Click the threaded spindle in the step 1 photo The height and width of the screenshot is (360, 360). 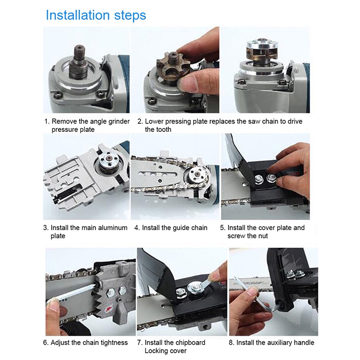click(x=79, y=61)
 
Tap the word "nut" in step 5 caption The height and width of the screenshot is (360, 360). click(x=263, y=236)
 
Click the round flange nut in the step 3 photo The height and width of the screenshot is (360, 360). click(x=108, y=158)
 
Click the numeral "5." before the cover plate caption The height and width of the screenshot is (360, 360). click(x=223, y=228)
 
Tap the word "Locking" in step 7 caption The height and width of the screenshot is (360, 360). click(x=155, y=351)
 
